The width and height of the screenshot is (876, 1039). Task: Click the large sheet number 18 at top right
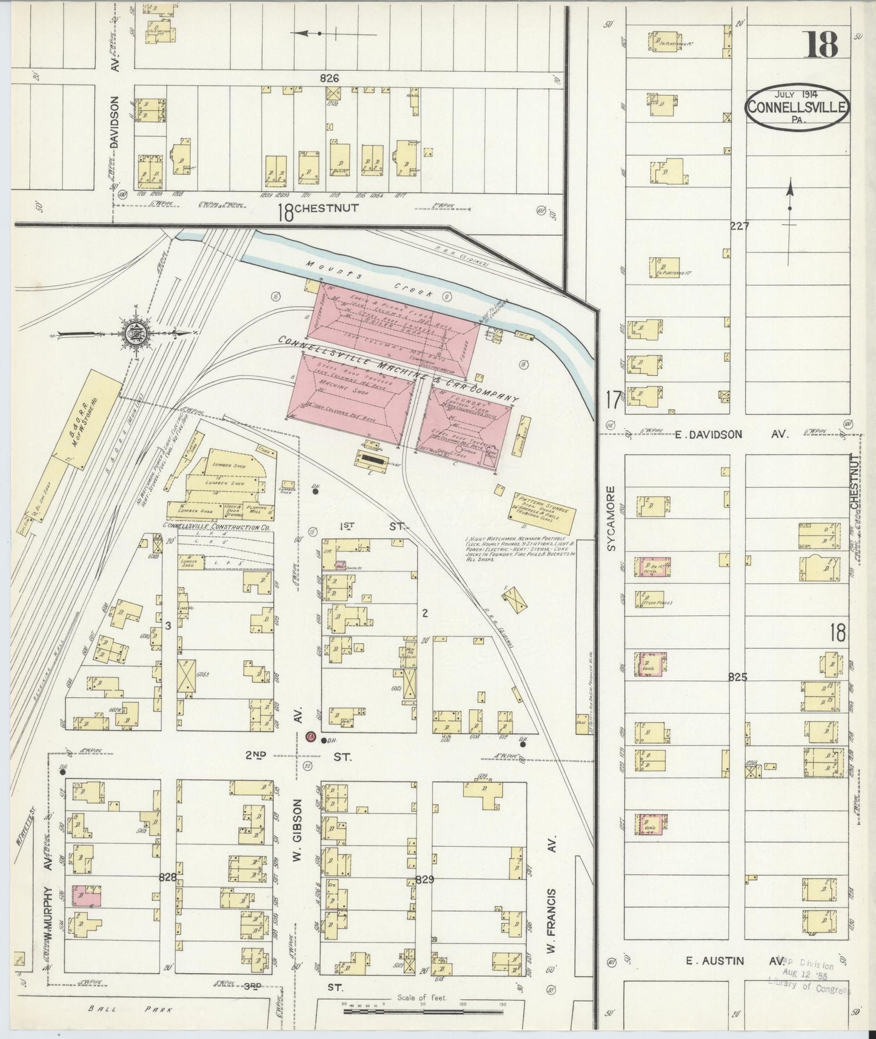tap(821, 44)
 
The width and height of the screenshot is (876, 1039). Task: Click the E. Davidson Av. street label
tap(727, 434)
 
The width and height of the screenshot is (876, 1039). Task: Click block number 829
tap(424, 879)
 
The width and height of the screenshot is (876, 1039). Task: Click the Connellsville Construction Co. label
tap(217, 527)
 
